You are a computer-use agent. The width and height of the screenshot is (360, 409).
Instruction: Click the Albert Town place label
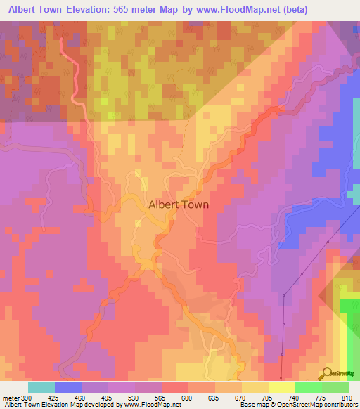coord(179,205)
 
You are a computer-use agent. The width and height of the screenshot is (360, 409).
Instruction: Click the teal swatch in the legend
coord(41,387)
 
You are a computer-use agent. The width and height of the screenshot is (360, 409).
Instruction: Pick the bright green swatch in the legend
coord(307,387)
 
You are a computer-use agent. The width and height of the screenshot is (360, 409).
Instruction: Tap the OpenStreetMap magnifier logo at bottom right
coord(327,372)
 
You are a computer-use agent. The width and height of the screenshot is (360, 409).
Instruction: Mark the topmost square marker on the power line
coord(327,242)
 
